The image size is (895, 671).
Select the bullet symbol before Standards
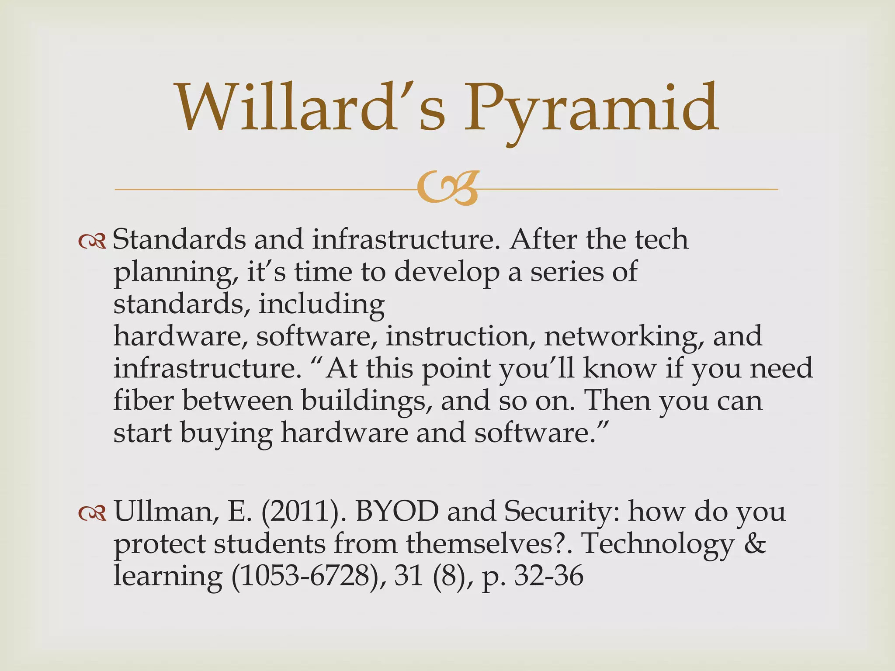coord(92,241)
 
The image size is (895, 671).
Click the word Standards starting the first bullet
coord(179,240)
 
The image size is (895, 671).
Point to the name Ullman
coord(166,512)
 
